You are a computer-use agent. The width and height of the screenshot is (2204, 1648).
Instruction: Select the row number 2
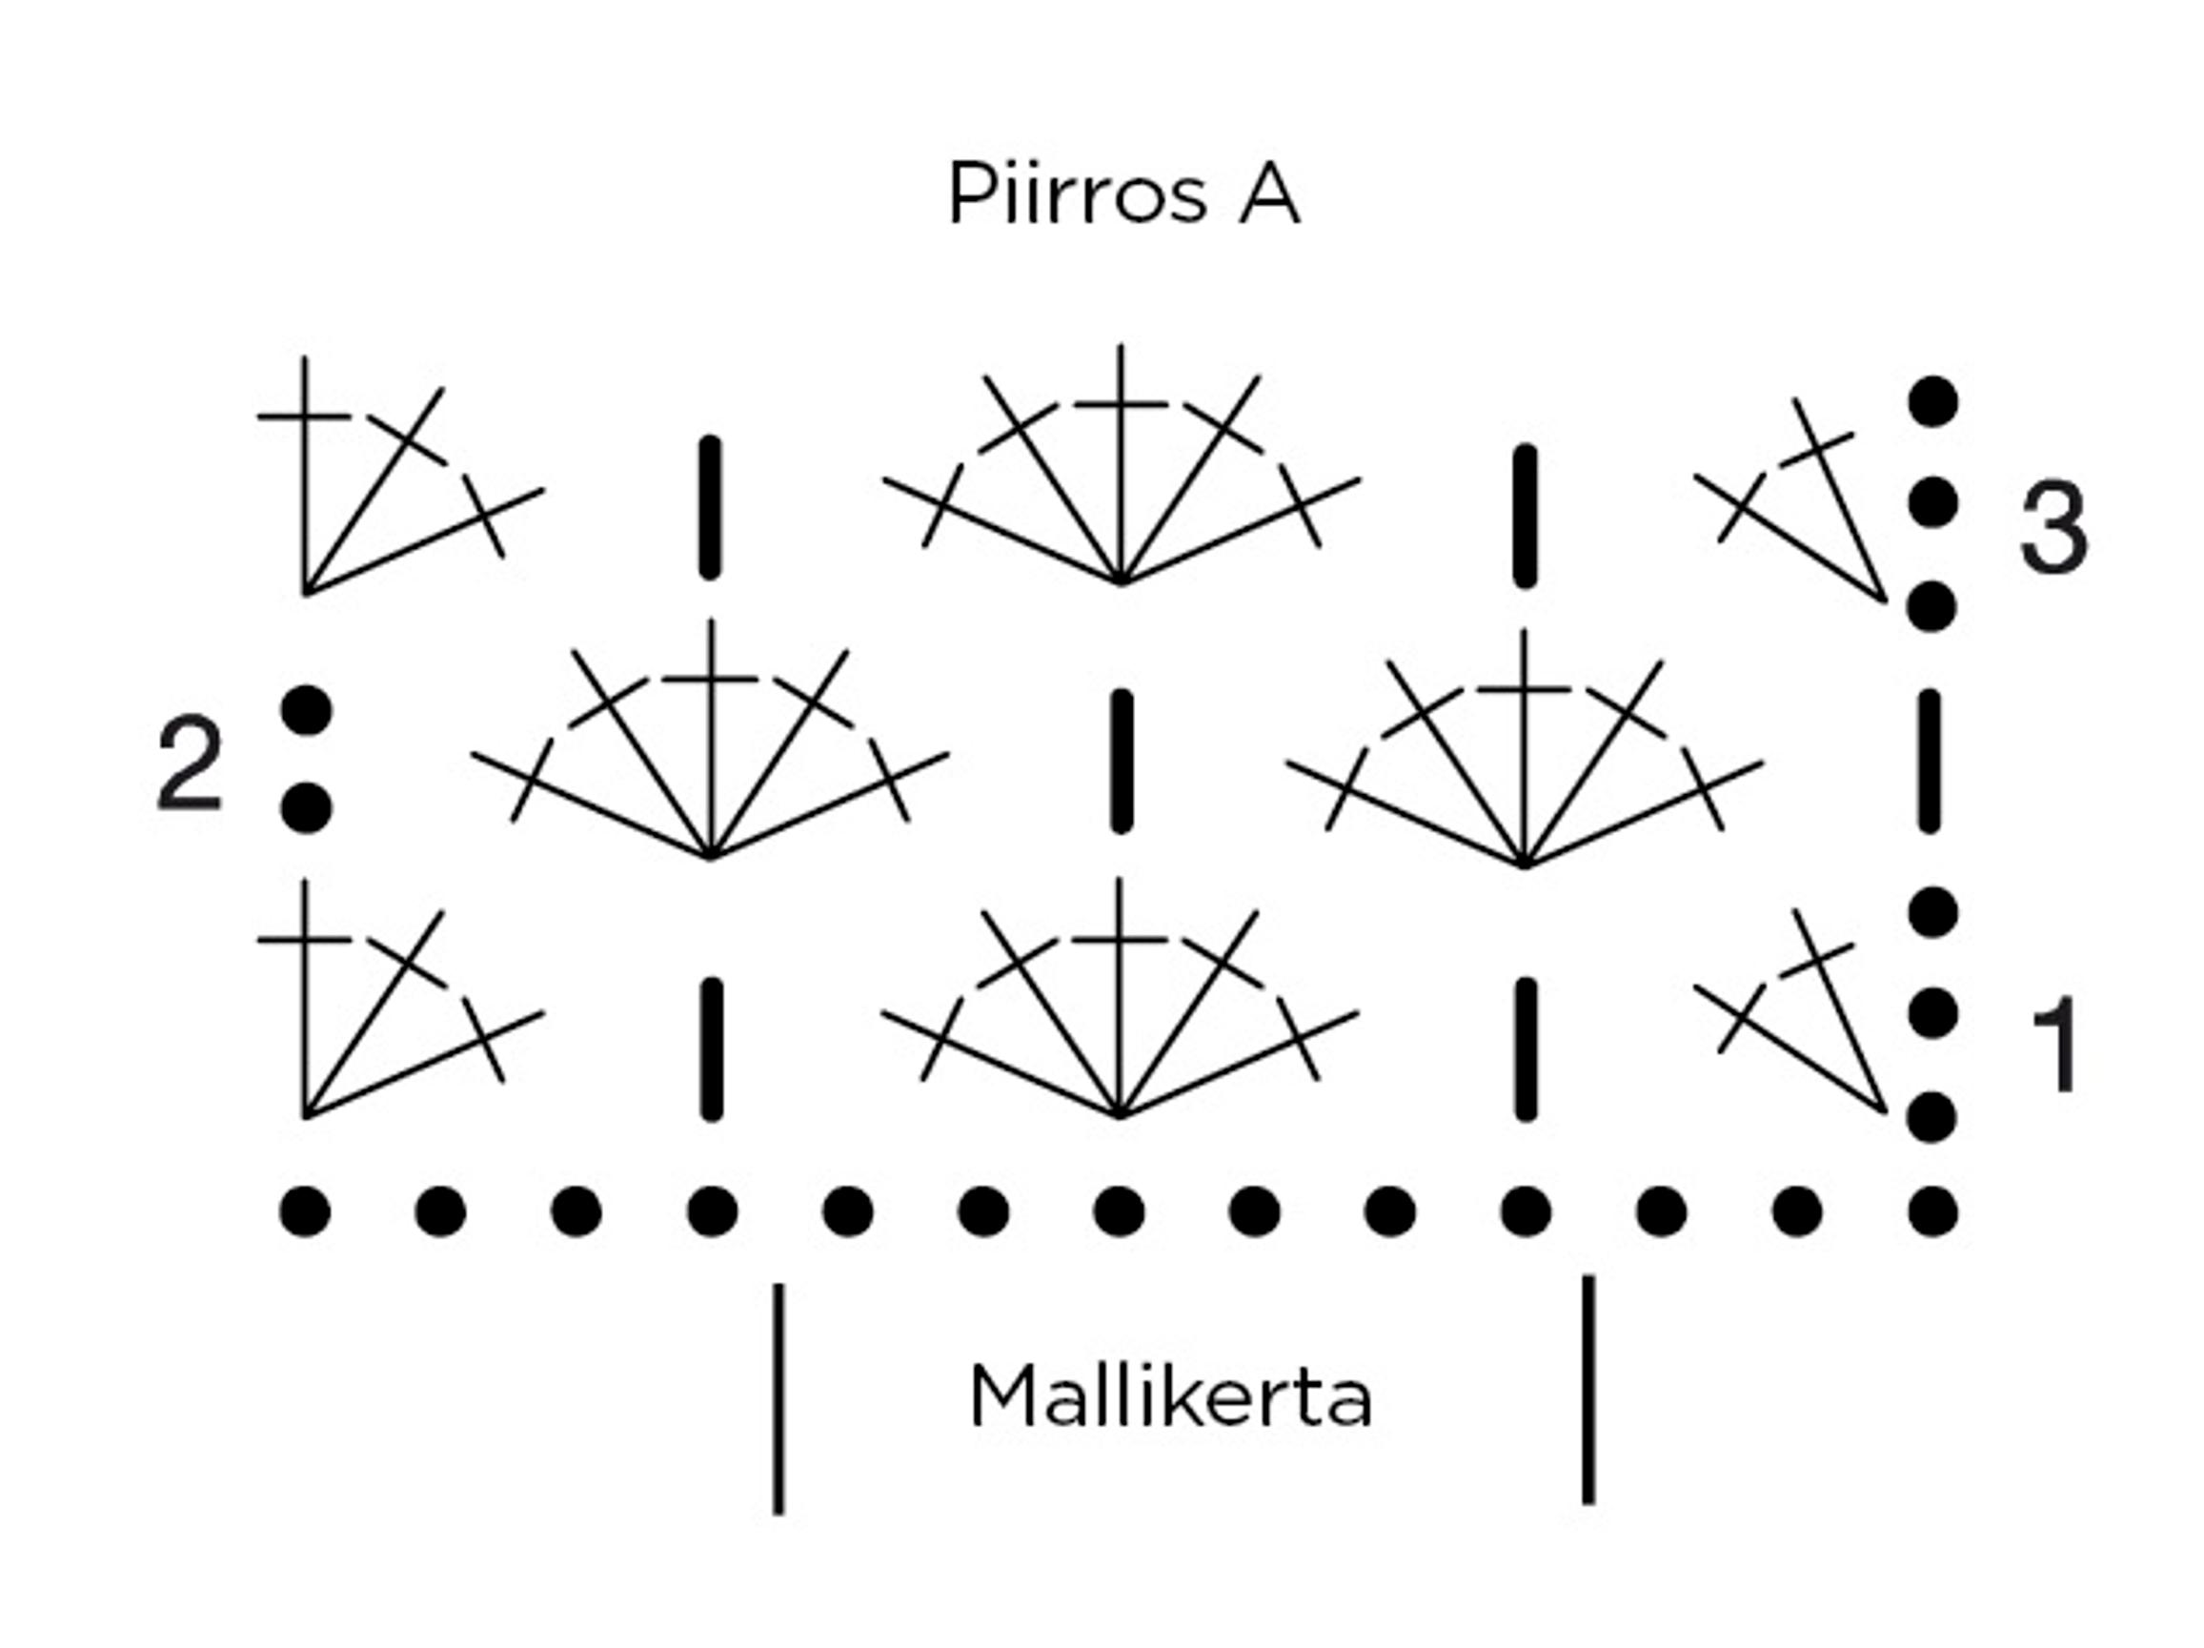190,764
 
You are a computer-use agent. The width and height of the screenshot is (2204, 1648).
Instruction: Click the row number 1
2054,1046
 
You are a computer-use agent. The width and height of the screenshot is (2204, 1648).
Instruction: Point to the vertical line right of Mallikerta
1588,1390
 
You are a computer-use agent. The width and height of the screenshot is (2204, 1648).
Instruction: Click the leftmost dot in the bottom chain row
305,1212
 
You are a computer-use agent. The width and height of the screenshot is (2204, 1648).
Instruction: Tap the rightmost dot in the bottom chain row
1933,1212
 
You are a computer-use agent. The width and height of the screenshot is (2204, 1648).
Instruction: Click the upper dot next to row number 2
306,710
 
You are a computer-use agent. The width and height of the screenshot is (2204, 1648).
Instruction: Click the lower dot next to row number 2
306,807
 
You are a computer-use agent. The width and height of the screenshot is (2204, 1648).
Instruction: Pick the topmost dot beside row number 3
1933,401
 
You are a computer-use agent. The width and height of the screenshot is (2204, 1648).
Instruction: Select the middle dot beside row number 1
1933,1013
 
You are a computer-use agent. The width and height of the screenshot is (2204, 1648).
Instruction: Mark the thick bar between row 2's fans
1122,762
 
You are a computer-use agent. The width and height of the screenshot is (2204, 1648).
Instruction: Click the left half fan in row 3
378,488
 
